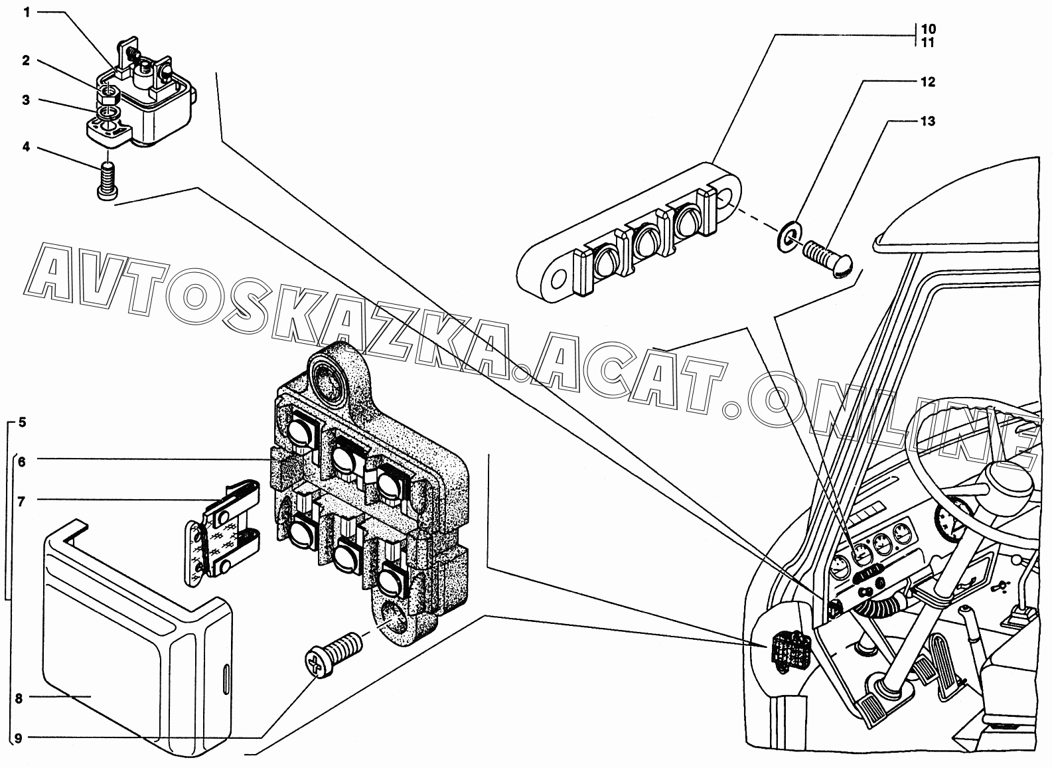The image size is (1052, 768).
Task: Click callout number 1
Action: click(27, 12)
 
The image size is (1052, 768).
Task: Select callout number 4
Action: click(27, 147)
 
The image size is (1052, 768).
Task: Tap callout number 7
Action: click(21, 502)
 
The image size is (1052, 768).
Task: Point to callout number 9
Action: click(19, 738)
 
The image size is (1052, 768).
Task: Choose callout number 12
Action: click(927, 82)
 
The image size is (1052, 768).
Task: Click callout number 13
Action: click(927, 121)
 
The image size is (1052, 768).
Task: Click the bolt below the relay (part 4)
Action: click(108, 181)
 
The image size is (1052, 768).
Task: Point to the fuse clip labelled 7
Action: click(222, 534)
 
